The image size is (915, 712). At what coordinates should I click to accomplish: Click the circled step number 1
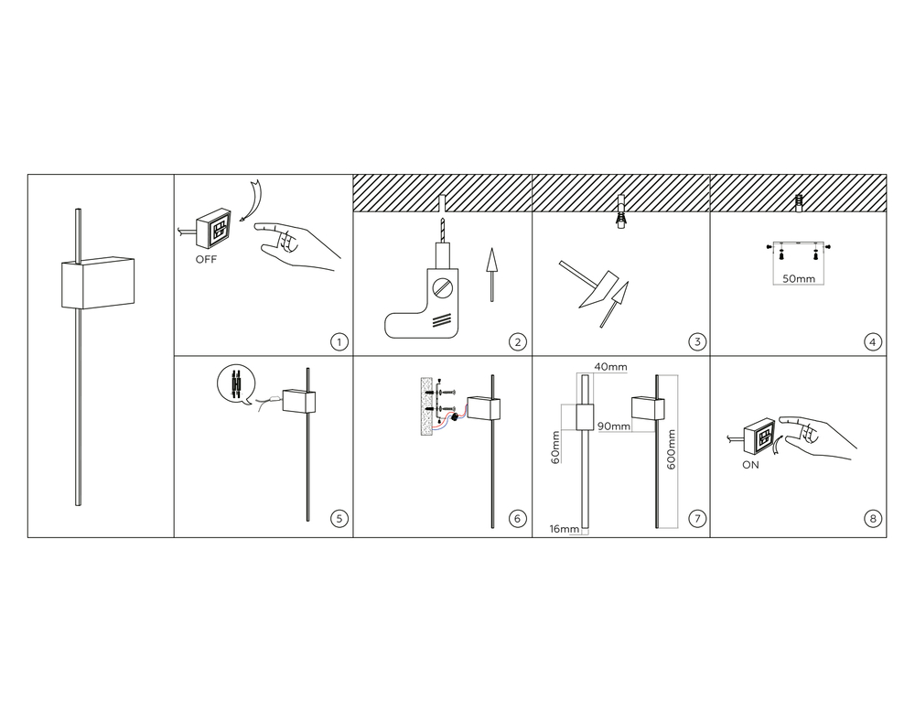pos(339,342)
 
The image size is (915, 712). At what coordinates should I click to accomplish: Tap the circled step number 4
pos(872,342)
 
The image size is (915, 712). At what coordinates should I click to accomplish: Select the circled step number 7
pos(697,518)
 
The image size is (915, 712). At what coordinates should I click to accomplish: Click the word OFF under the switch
pos(206,260)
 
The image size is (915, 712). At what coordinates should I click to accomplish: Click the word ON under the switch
pos(750,465)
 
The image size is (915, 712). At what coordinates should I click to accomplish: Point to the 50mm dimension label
pos(798,279)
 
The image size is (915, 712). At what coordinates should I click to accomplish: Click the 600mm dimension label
pos(671,449)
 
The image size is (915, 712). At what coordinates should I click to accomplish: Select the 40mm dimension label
pos(610,367)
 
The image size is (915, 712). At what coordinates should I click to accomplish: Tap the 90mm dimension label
pos(614,426)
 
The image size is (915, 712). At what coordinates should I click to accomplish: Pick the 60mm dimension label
pos(555,448)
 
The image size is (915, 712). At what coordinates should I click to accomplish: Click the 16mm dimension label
pos(565,529)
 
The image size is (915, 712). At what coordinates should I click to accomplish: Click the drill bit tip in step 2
pos(442,220)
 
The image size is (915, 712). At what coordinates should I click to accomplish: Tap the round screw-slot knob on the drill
pos(443,287)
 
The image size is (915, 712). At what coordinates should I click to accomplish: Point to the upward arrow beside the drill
pos(492,275)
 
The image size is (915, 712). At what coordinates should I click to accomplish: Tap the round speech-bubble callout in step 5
pos(236,384)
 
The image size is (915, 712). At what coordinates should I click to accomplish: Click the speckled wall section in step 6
pos(428,407)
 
